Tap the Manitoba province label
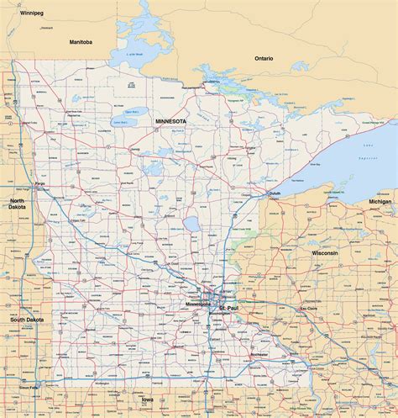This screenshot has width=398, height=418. coord(81,41)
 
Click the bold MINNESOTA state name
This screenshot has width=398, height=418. coord(170,121)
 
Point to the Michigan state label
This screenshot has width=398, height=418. coord(379,203)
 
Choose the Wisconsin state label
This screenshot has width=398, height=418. coord(324,252)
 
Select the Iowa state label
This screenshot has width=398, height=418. coord(148,399)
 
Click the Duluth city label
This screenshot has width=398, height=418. coord(274,193)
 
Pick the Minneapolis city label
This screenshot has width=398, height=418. coord(199,304)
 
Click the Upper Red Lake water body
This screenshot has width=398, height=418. coord(130,112)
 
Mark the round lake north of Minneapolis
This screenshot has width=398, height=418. coord(193,225)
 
